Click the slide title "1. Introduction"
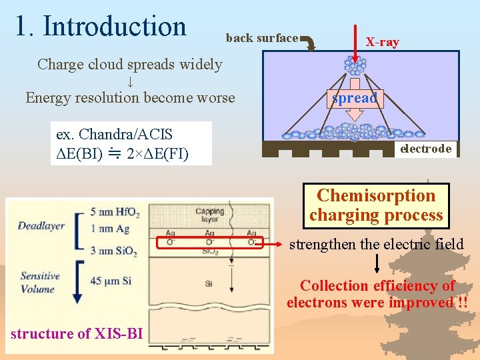101,26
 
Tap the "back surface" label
261,38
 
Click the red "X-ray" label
382,42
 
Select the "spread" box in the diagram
355,98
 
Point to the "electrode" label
425,149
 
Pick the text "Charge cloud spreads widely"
129,65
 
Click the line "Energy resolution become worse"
130,98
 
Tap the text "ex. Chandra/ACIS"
114,134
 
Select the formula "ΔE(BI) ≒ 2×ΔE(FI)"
123,154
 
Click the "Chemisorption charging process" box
376,205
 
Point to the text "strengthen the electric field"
376,245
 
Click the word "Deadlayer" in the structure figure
41,225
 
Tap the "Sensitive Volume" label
39,283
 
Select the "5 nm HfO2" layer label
115,213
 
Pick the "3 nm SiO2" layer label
114,251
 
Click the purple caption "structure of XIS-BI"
77,334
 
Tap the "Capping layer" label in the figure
210,216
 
